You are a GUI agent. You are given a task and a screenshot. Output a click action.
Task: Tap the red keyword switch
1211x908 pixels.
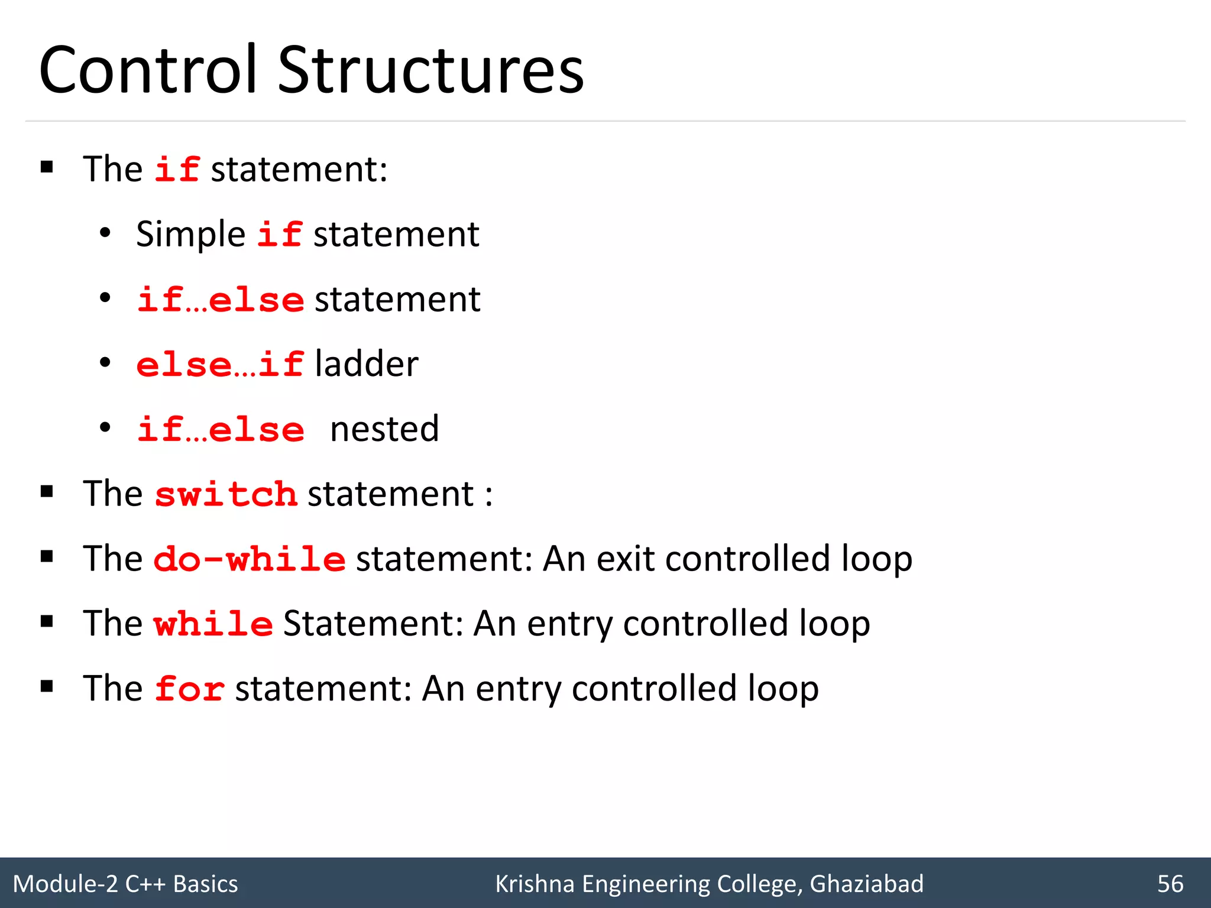[x=225, y=494]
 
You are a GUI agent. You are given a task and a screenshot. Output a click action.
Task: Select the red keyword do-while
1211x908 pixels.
[x=249, y=559]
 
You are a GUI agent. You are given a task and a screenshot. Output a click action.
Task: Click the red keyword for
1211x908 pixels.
[x=189, y=689]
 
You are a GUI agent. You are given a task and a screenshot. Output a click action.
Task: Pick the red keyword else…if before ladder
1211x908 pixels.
[x=220, y=364]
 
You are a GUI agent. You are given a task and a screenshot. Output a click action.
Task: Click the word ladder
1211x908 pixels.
[x=367, y=364]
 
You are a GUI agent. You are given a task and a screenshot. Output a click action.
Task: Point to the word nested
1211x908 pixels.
[x=384, y=429]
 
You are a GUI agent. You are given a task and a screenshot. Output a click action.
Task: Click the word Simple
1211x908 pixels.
[x=190, y=235]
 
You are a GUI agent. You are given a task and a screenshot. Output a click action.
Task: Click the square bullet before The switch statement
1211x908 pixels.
[x=47, y=492]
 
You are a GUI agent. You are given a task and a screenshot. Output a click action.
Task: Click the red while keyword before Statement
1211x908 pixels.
[x=213, y=624]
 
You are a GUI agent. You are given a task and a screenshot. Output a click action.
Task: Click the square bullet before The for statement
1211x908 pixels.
[x=47, y=686]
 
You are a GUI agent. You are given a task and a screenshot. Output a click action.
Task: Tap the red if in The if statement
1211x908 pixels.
[x=177, y=170]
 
